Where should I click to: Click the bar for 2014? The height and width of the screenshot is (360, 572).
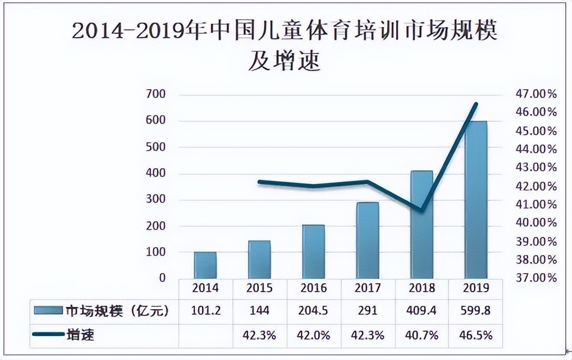[x=205, y=265]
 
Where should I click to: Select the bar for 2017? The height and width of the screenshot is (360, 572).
[x=368, y=240]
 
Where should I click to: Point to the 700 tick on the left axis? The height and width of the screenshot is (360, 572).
[x=156, y=94]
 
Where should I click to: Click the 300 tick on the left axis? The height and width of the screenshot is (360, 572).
[x=156, y=200]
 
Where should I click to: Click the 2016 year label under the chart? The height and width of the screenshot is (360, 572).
[x=314, y=288]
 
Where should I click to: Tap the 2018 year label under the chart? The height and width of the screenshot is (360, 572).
[x=421, y=288]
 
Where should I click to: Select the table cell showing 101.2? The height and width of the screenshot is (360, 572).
[x=205, y=310]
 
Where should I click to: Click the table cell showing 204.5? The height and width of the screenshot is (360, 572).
[x=314, y=310]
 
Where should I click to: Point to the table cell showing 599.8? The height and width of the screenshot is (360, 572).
[x=476, y=310]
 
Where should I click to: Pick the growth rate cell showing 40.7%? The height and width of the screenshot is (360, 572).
[x=421, y=335]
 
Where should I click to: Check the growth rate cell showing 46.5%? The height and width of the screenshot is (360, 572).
[x=476, y=335]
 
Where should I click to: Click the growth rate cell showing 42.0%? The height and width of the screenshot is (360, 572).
[x=314, y=335]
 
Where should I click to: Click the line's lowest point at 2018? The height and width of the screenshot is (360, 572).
[x=421, y=210]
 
